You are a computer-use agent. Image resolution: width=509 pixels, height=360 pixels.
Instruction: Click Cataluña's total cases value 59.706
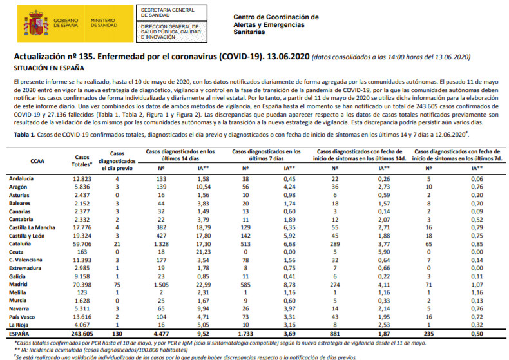(82, 245)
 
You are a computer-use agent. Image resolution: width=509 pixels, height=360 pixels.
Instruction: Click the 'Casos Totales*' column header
(82, 160)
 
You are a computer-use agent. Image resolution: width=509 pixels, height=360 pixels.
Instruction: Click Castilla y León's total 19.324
(82, 236)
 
